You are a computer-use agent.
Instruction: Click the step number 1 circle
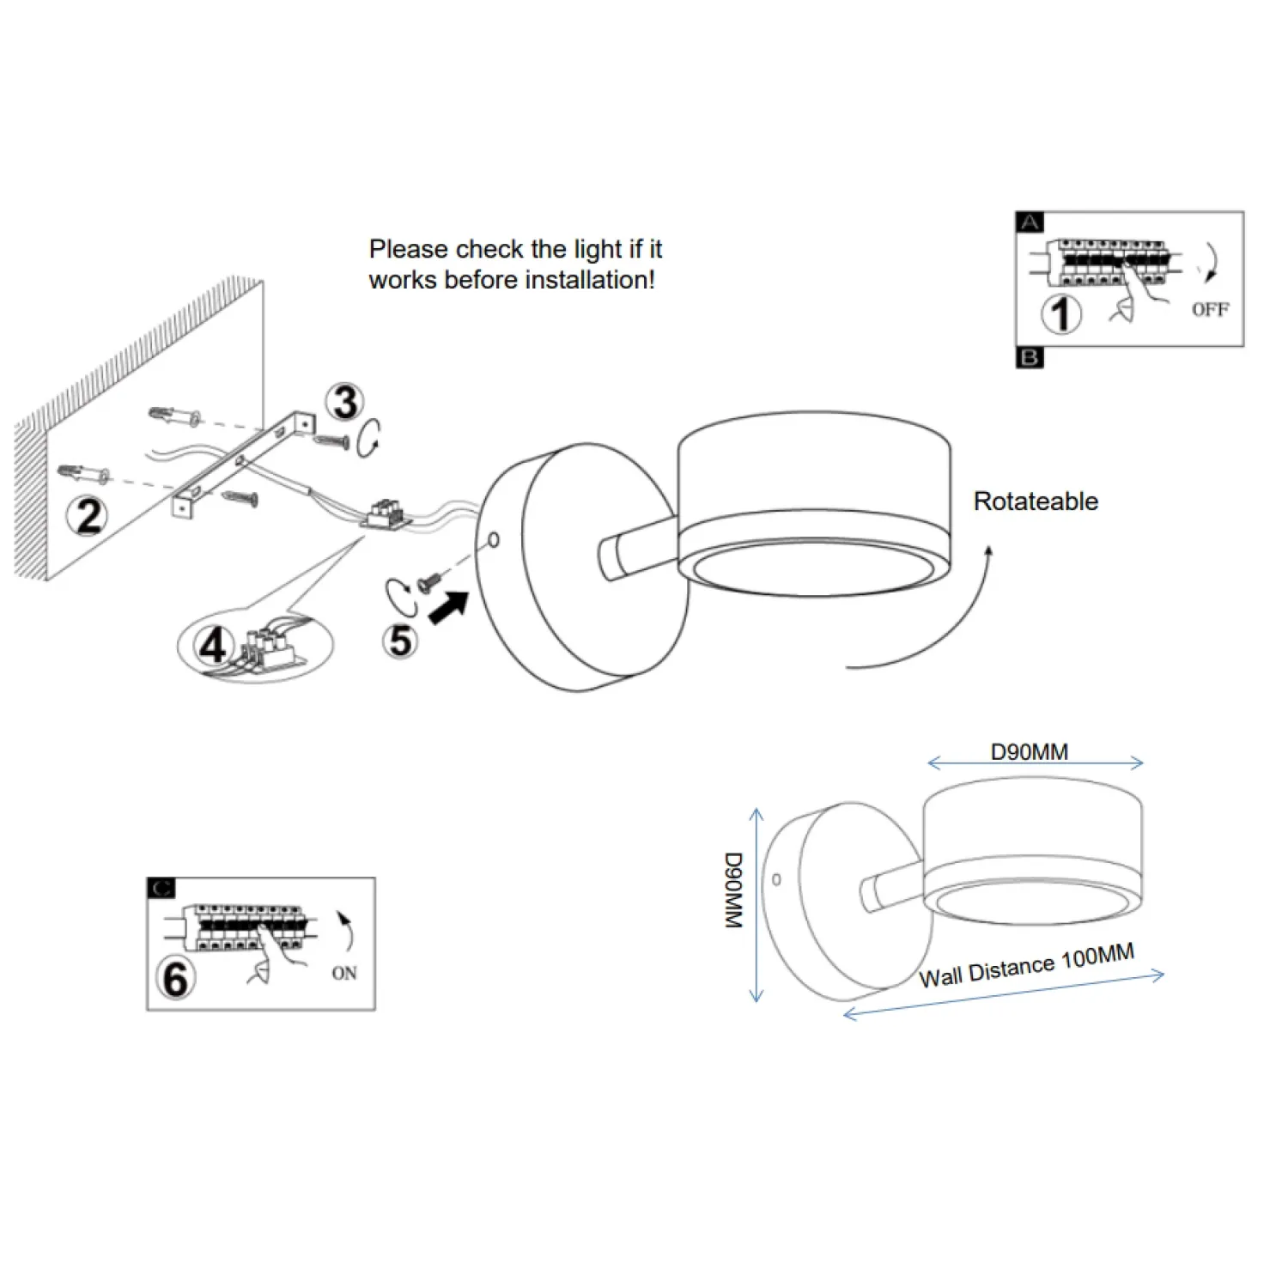click(1061, 313)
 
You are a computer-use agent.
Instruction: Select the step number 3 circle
click(345, 402)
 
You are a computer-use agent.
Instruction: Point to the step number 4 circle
click(213, 646)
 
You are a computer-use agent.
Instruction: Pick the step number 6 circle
click(176, 979)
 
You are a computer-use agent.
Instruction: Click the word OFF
click(1210, 309)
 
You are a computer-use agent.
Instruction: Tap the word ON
click(344, 973)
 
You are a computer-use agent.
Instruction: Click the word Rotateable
click(1036, 501)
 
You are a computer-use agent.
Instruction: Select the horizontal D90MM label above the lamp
click(1030, 752)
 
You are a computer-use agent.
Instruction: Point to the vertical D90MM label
click(732, 890)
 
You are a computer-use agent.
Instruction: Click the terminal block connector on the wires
click(387, 514)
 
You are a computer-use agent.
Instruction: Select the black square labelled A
click(1030, 222)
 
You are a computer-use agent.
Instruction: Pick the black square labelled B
click(1030, 357)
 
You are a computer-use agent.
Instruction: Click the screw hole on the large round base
click(494, 540)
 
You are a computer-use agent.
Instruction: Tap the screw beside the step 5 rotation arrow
click(427, 585)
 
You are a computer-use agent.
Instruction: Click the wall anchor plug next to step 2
click(83, 473)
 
